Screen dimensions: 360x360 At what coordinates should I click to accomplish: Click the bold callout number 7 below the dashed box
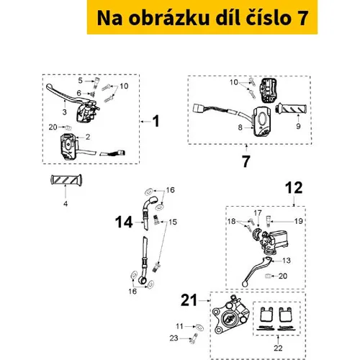[246, 161]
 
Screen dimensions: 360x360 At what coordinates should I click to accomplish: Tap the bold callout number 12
[294, 187]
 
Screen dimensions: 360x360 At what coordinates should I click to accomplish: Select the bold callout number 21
[189, 300]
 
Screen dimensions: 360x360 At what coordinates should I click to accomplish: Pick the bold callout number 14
[124, 222]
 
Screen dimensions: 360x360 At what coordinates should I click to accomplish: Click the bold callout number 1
[156, 121]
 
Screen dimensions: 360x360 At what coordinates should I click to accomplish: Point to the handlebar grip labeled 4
[66, 180]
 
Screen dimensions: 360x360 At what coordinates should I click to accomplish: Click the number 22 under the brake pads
[278, 348]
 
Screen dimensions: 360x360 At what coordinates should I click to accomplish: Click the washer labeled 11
[199, 327]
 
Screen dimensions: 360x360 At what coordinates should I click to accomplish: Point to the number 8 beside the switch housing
[240, 127]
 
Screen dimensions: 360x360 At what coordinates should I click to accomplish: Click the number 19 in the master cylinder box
[298, 221]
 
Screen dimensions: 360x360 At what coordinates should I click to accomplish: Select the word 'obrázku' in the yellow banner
[169, 18]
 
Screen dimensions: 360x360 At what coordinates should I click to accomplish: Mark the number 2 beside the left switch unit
[88, 137]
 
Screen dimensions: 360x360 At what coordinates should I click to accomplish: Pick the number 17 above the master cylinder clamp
[258, 213]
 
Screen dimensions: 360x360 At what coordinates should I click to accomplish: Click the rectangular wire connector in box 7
[198, 108]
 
